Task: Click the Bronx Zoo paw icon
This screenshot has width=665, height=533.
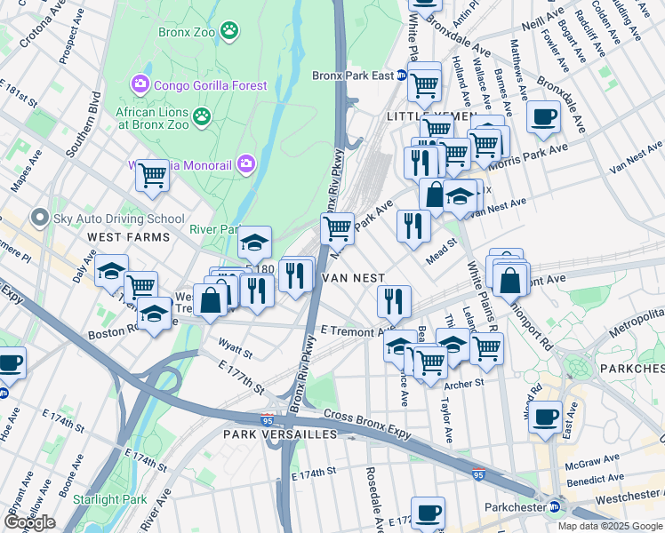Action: click(229, 31)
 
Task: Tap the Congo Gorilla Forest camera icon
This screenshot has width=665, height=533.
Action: click(140, 85)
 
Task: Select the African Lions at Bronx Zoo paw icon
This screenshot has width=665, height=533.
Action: click(203, 115)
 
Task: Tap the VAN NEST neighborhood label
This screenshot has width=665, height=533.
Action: click(353, 278)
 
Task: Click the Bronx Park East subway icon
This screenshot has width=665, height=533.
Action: click(402, 76)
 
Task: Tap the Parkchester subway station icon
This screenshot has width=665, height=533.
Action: click(555, 506)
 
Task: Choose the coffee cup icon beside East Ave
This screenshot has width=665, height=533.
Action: click(545, 416)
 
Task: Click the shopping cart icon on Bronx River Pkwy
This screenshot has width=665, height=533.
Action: click(337, 227)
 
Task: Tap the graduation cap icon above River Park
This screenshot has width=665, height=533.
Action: click(254, 242)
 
